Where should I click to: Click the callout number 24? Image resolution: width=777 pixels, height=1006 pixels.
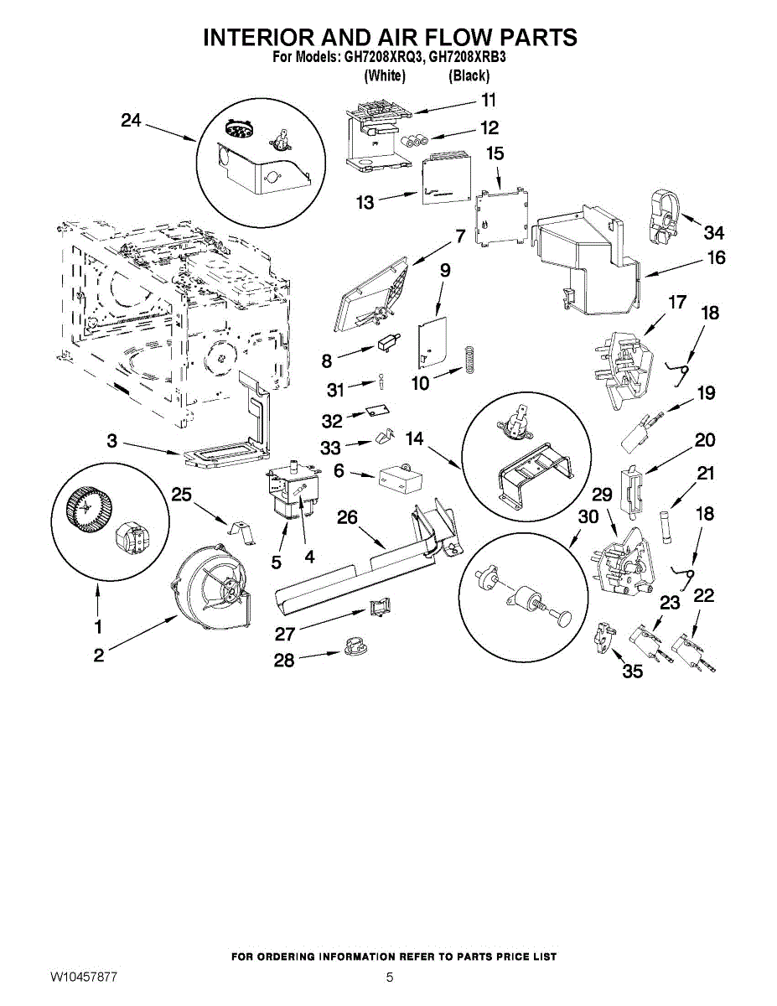pyautogui.click(x=131, y=121)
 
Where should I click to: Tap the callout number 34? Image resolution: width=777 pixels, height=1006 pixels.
pyautogui.click(x=713, y=233)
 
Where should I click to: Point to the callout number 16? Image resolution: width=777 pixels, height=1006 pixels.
pyautogui.click(x=716, y=258)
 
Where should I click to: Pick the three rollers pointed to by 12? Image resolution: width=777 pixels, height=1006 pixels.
pyautogui.click(x=414, y=140)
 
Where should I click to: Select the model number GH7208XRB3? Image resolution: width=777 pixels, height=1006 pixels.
pyautogui.click(x=468, y=57)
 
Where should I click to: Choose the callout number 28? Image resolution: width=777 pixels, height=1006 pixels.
pyautogui.click(x=284, y=660)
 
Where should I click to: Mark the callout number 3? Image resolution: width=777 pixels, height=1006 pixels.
pyautogui.click(x=112, y=441)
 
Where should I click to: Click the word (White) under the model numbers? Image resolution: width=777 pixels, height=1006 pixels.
pyautogui.click(x=384, y=75)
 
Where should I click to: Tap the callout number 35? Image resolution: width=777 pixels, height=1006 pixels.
pyautogui.click(x=633, y=671)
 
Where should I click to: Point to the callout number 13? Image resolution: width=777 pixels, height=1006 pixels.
pyautogui.click(x=365, y=202)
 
